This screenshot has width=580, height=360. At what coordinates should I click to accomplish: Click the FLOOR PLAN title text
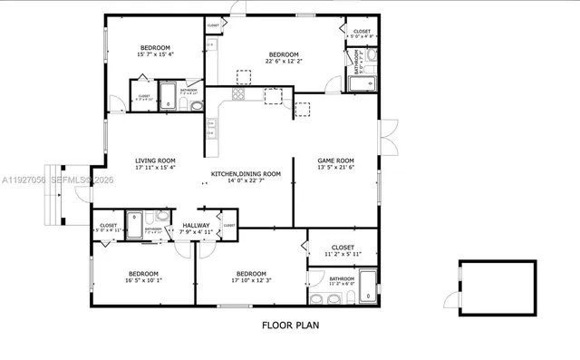[290, 324]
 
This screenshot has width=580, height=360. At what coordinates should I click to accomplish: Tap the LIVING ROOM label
[155, 160]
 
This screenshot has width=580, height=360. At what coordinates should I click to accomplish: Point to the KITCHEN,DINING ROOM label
[246, 173]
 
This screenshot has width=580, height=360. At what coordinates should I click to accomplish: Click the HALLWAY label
[196, 225]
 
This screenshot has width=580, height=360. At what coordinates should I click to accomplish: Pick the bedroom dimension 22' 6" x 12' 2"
[282, 62]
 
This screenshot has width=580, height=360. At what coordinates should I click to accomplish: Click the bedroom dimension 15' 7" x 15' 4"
[156, 54]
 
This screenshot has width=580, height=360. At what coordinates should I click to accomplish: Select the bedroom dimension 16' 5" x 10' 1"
[143, 281]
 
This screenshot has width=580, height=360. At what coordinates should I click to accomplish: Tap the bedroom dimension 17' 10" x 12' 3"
[251, 281]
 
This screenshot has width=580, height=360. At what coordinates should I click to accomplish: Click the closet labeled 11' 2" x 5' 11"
[342, 254]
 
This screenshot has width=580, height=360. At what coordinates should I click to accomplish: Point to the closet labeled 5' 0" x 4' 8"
[361, 36]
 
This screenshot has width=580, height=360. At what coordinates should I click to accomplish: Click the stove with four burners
[239, 93]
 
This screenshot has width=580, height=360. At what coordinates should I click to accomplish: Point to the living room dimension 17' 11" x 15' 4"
[155, 167]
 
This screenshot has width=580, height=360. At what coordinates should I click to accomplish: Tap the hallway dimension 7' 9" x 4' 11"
[196, 232]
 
